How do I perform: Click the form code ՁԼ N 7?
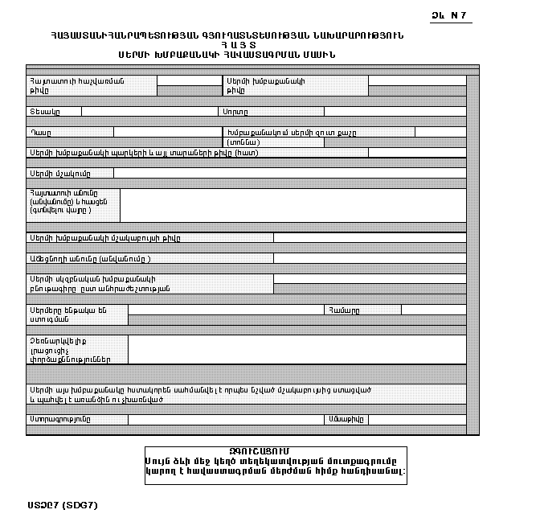click(x=450, y=16)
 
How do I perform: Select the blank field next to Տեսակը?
click(x=149, y=112)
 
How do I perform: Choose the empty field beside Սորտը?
click(x=395, y=112)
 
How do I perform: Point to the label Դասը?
click(x=41, y=132)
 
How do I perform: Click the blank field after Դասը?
click(x=166, y=132)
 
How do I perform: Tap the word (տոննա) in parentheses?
click(x=243, y=142)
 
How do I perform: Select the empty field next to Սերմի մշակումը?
click(x=289, y=173)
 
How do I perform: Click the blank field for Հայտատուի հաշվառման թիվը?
click(x=189, y=81)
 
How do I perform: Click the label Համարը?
click(x=343, y=310)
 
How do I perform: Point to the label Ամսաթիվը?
click(x=346, y=419)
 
